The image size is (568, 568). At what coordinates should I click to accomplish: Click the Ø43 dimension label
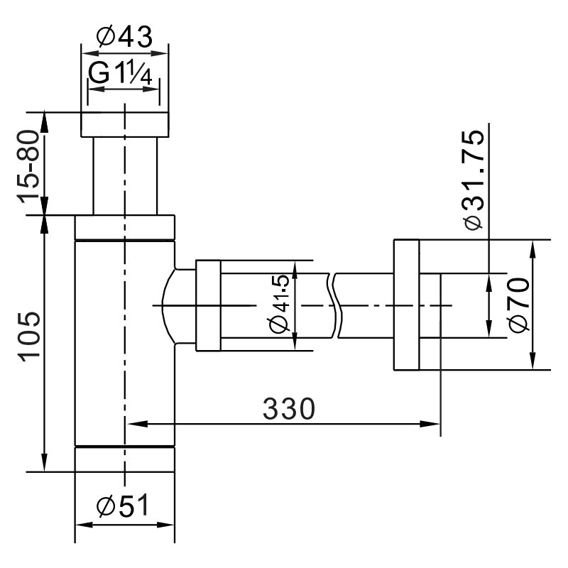point(124,36)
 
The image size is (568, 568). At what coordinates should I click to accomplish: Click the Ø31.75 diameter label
point(473,180)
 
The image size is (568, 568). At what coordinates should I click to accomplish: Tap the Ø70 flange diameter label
point(519,305)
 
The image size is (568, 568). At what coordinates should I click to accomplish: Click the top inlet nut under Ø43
point(125,124)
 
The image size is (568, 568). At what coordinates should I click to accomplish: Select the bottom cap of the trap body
point(125,459)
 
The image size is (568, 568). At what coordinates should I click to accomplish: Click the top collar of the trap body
point(125,228)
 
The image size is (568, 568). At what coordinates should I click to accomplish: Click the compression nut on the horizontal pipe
point(208,305)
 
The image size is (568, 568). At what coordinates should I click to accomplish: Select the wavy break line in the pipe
point(336,305)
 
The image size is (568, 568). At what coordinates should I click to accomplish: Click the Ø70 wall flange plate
point(405,305)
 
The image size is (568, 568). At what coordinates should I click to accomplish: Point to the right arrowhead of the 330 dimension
point(434,424)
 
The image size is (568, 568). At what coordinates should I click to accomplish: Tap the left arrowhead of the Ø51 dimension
point(81,525)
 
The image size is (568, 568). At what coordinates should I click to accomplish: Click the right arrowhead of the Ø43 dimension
point(163,51)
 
